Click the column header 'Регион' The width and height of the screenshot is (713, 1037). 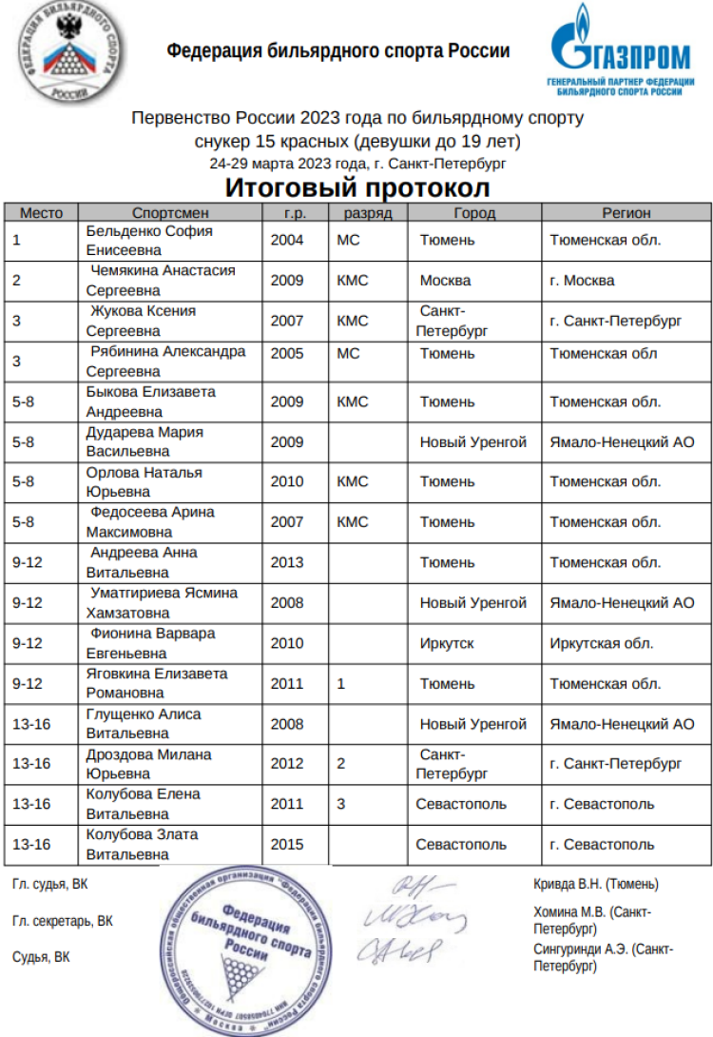coord(626,213)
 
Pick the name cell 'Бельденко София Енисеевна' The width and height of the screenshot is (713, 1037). coord(149,241)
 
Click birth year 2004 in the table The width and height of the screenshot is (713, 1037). coord(287,241)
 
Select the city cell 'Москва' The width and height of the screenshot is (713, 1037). coord(445,281)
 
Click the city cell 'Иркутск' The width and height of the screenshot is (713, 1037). coord(447,643)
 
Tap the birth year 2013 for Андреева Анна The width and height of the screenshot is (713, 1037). coord(287,562)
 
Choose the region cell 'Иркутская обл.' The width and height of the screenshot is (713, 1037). coord(602,643)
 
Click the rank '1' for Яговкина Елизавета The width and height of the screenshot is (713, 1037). coord(341,683)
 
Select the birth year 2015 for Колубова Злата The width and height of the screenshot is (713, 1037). coord(287,844)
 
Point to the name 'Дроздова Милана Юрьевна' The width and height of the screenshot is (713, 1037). coord(149,763)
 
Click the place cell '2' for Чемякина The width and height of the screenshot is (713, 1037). coord(17,281)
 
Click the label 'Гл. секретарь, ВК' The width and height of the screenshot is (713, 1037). coord(63,921)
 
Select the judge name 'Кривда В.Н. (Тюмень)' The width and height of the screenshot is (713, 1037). coord(596,884)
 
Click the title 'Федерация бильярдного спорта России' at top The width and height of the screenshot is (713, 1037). coord(338,51)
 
